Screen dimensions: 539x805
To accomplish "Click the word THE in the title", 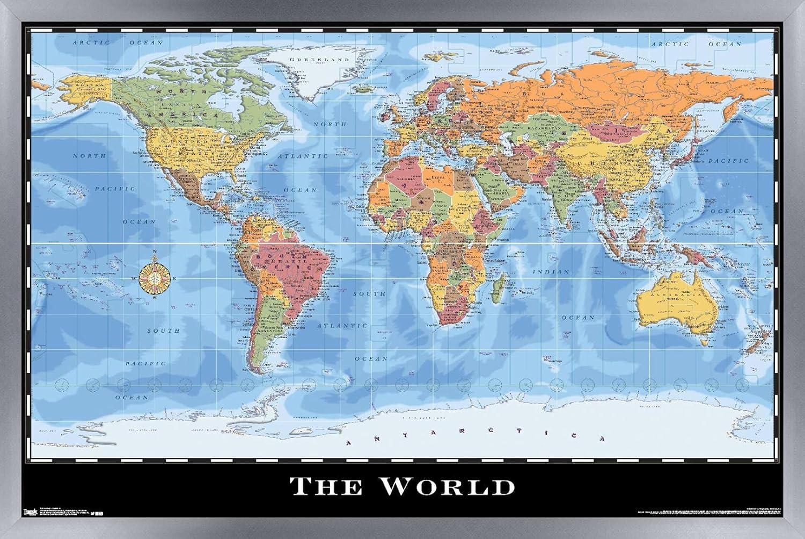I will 326,486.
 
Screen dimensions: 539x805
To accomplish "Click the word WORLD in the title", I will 448,486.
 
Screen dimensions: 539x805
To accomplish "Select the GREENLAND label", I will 319,60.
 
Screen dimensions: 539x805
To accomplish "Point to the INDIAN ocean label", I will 551,272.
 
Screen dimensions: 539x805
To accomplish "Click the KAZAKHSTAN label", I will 529,129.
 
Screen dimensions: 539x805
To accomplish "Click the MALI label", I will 400,199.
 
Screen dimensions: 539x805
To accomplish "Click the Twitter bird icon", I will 93,513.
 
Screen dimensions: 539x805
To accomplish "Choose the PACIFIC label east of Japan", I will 728,161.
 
